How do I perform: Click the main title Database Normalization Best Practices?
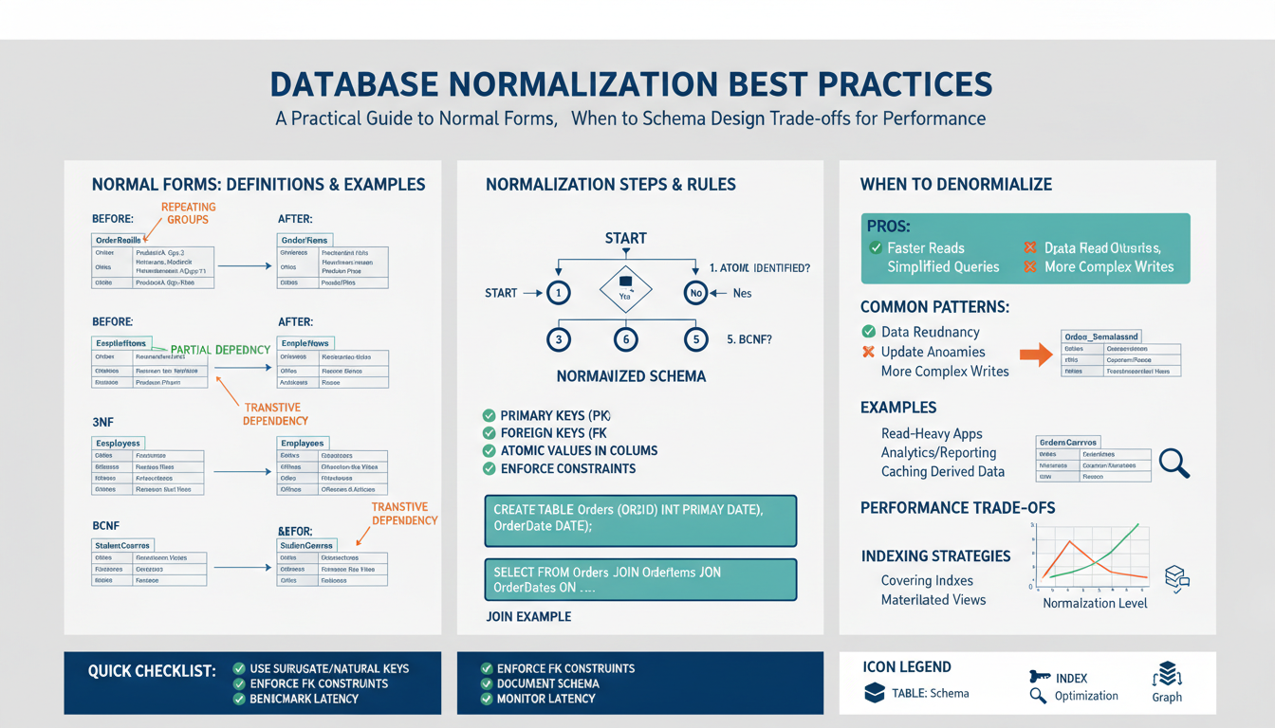click(631, 83)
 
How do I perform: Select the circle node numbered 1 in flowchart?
click(559, 293)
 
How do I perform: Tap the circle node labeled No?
click(695, 293)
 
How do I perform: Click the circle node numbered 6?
click(626, 338)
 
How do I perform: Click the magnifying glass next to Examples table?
click(1174, 463)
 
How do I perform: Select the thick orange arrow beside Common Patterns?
click(1036, 355)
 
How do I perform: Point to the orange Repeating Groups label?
click(188, 213)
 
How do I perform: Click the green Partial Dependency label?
click(220, 350)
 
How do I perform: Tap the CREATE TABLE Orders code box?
click(640, 519)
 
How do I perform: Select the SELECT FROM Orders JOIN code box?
click(640, 579)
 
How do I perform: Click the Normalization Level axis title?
click(1095, 603)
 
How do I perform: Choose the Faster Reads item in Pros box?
click(925, 248)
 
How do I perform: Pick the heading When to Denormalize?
click(955, 185)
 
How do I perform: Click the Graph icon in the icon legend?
click(1166, 674)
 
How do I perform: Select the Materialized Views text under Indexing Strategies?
click(933, 599)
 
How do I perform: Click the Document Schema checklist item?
click(547, 683)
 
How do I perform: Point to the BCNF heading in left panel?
click(106, 525)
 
